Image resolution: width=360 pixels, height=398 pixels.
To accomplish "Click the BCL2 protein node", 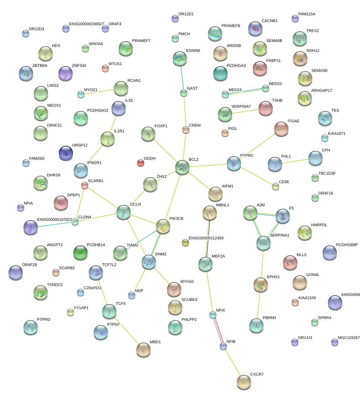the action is (182, 167).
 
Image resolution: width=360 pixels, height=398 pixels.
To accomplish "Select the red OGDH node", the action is (141, 163).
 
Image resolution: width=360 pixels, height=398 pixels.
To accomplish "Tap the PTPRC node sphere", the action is (234, 163).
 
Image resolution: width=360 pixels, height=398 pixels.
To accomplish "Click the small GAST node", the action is (183, 93).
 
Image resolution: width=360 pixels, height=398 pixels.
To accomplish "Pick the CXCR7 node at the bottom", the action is (244, 382).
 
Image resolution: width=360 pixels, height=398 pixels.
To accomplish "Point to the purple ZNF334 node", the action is (65, 73).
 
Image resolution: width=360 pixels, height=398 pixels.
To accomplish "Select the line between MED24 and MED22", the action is (245, 91).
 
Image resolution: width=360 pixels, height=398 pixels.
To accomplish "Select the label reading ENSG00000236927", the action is (87, 24).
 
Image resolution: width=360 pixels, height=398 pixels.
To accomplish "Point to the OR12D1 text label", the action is (186, 14).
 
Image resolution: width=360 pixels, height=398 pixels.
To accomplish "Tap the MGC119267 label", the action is (349, 338).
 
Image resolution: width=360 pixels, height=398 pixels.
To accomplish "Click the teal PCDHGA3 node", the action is (220, 73).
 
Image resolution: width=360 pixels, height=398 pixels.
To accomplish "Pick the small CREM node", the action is (186, 130).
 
